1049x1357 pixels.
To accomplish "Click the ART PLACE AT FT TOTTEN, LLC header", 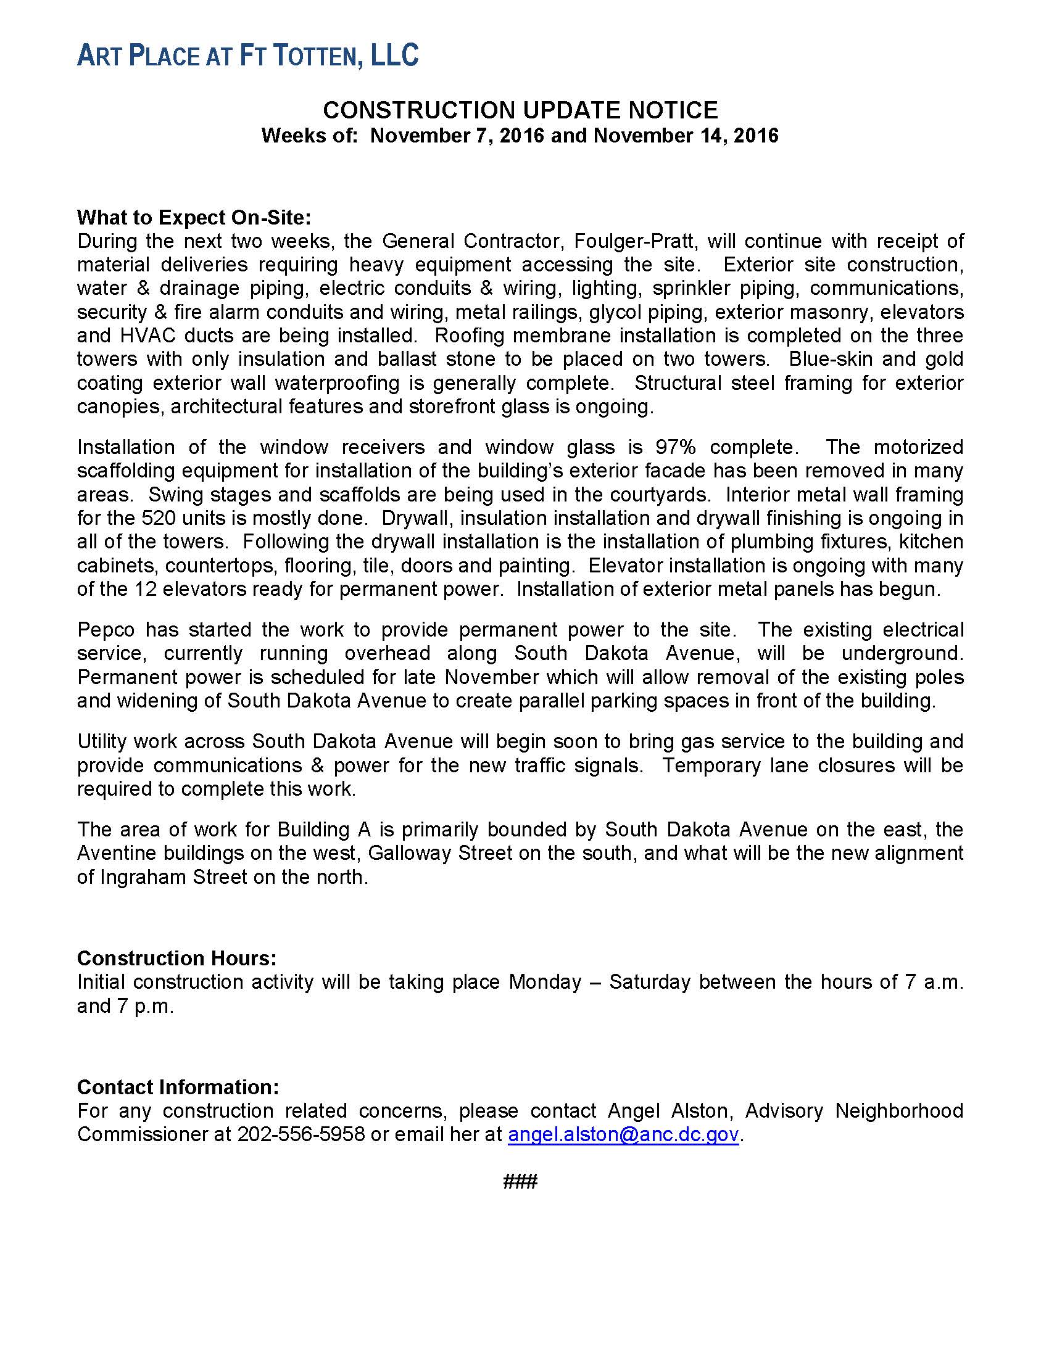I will (x=247, y=56).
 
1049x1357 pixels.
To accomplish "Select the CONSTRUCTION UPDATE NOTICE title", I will (x=520, y=110).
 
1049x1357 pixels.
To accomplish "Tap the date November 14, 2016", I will (x=686, y=136).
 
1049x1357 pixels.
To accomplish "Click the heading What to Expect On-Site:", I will (x=193, y=218).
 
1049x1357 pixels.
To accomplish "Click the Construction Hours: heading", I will (x=176, y=959).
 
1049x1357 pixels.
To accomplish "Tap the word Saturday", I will (x=649, y=983).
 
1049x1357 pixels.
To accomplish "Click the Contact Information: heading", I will (x=178, y=1087).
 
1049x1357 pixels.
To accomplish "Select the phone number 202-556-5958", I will (x=301, y=1134).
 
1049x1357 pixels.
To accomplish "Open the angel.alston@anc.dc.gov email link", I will (x=623, y=1134).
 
